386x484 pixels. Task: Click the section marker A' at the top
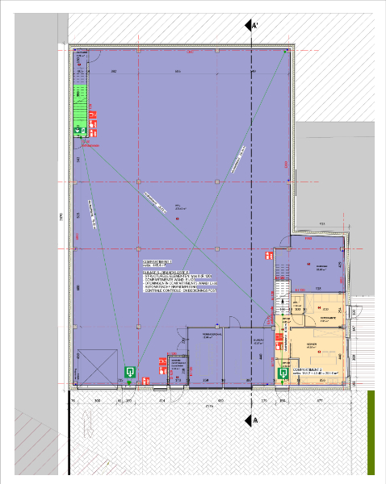coord(254,27)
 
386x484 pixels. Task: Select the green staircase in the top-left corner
coord(80,105)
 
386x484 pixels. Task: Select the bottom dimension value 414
coord(162,400)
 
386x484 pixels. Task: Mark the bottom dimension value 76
coord(73,400)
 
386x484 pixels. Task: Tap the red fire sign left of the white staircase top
coord(266,255)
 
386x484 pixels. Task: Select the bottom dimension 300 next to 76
coord(98,400)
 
